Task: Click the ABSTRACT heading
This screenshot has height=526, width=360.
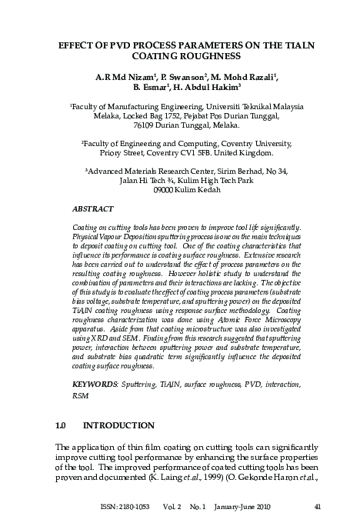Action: [92, 208]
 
